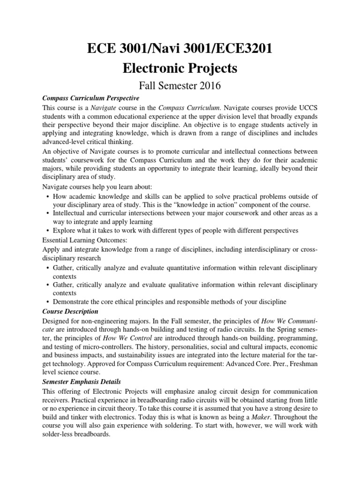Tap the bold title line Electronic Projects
pyautogui.click(x=180, y=68)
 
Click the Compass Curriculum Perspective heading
pyautogui.click(x=90, y=98)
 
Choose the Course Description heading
pyautogui.click(x=70, y=311)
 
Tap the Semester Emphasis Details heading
pyautogui.click(x=82, y=382)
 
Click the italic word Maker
pyautogui.click(x=265, y=417)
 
